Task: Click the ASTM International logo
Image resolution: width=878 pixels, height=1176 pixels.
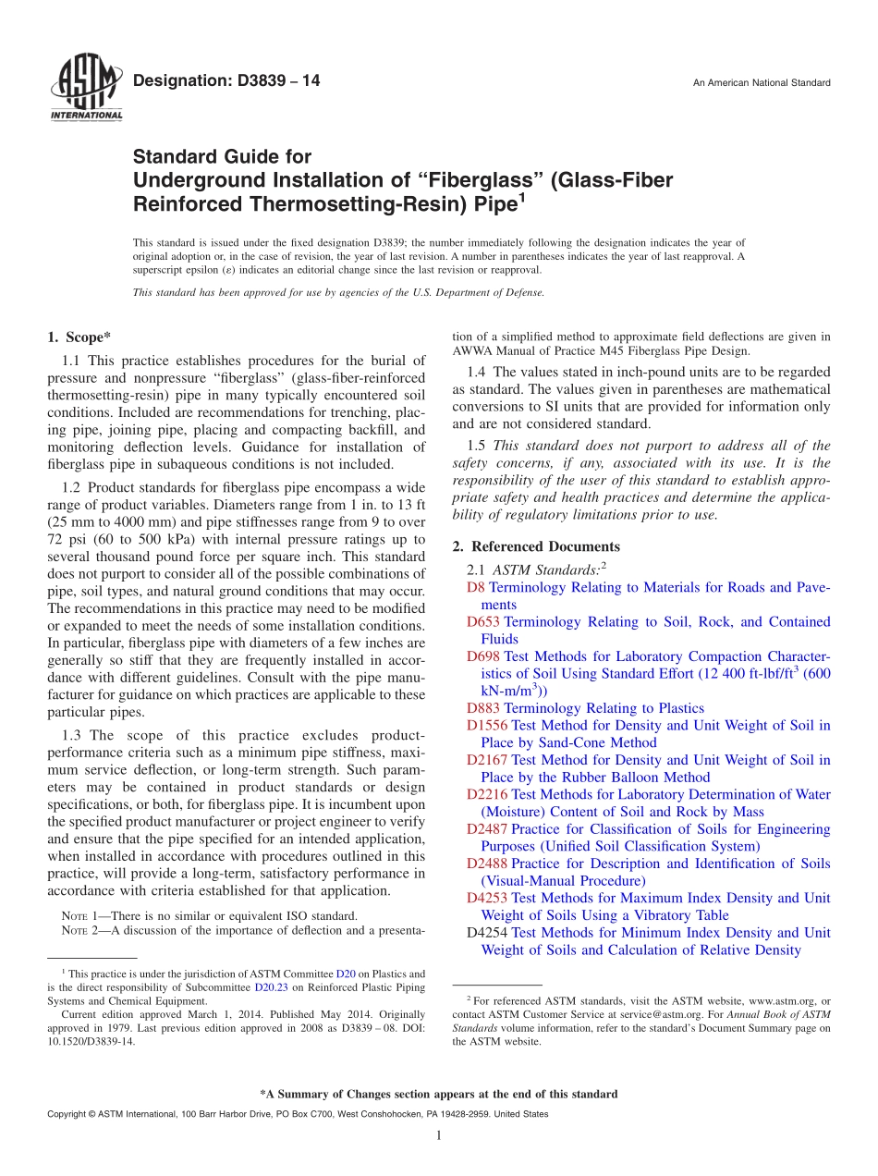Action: [x=85, y=90]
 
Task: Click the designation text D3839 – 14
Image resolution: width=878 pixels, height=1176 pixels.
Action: [x=226, y=81]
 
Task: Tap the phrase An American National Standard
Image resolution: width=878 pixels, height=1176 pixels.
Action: [x=762, y=83]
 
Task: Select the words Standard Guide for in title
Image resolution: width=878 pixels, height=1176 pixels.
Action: [x=222, y=157]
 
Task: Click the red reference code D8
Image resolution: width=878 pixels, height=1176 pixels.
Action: [x=476, y=588]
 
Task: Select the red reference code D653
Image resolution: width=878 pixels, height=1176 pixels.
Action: [x=484, y=622]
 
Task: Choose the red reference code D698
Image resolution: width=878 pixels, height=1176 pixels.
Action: [x=484, y=656]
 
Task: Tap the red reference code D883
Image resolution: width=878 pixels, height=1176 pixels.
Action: [x=484, y=708]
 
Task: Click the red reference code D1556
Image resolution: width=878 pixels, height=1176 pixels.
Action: [x=488, y=726]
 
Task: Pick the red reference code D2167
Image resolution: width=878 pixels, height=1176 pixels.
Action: [x=488, y=760]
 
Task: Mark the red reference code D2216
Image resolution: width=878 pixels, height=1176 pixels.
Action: [x=488, y=794]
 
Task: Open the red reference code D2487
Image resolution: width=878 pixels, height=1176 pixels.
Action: [x=488, y=829]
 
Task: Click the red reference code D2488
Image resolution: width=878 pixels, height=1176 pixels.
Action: [x=488, y=864]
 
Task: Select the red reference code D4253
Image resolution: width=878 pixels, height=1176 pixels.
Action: [x=488, y=898]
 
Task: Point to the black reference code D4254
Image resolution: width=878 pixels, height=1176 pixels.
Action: [x=488, y=933]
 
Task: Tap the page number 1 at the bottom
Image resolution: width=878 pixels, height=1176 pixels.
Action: [x=439, y=1135]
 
